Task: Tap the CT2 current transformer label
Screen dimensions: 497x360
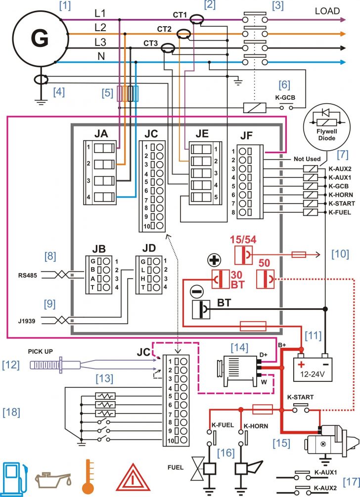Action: coord(164,29)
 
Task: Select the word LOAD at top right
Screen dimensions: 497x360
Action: coord(327,11)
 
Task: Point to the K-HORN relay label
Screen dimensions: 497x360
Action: coord(340,195)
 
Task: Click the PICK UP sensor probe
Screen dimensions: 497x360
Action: coord(54,365)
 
